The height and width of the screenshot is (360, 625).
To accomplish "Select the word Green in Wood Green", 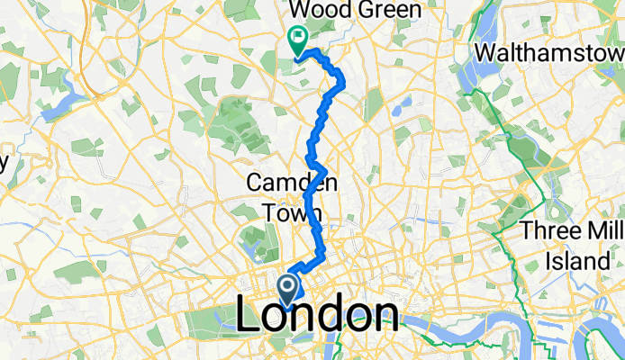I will pos(388,11).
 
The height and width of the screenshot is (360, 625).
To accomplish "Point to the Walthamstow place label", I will pos(549,52).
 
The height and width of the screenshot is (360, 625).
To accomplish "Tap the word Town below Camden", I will pos(292,212).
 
